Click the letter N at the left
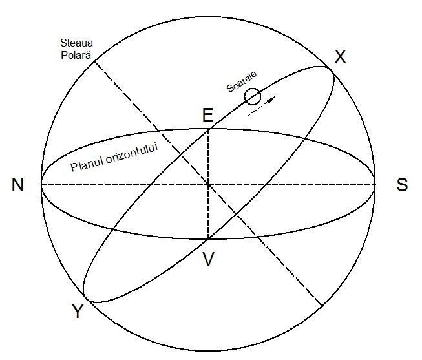(x=17, y=185)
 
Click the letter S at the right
(x=402, y=185)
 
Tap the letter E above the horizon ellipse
(x=207, y=115)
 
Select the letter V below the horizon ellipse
(x=208, y=259)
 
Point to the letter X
(x=340, y=58)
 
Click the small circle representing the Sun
(x=253, y=97)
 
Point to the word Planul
(x=87, y=165)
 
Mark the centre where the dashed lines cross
(x=208, y=184)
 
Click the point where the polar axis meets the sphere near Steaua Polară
(x=95, y=61)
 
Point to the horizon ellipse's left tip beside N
(x=42, y=184)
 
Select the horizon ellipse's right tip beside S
(x=375, y=184)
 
